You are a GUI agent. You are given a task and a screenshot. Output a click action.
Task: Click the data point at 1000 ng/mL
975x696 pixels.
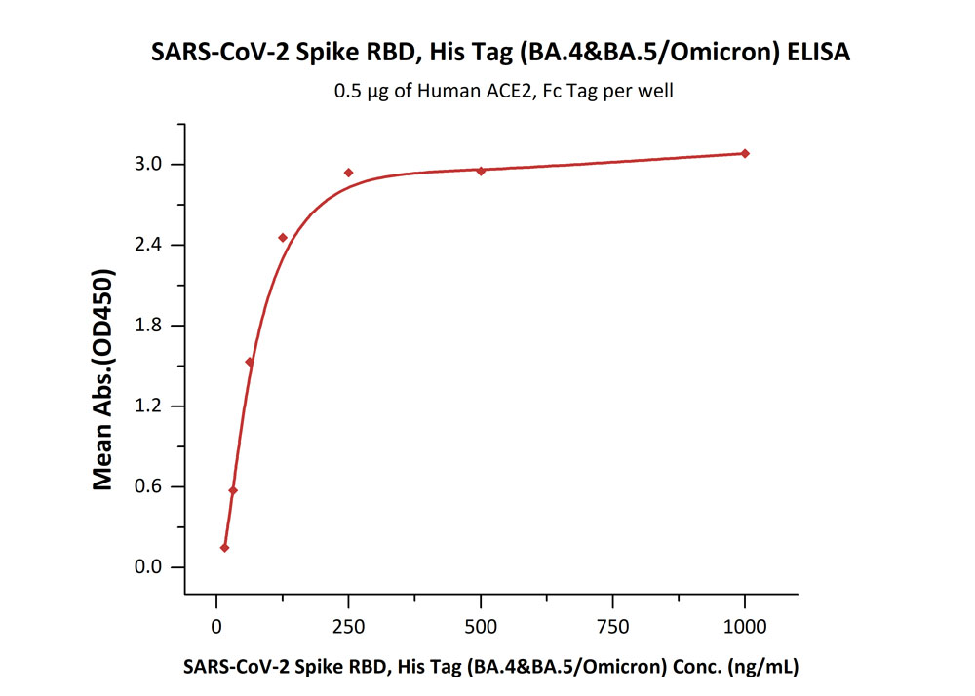pyautogui.click(x=745, y=153)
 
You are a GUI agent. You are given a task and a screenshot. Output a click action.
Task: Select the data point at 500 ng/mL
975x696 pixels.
pyautogui.click(x=481, y=171)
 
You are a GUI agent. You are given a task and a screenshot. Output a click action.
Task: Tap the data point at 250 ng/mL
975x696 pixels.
pyautogui.click(x=348, y=173)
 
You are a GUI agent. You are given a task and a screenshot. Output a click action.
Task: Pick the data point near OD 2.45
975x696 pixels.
pyautogui.click(x=283, y=237)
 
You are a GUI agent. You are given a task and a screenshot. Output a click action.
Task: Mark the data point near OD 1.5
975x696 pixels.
pyautogui.click(x=250, y=362)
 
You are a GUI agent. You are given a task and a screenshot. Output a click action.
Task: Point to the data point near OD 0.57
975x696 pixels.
pyautogui.click(x=233, y=490)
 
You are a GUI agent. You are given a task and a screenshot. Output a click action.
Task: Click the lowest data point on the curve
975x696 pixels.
pyautogui.click(x=225, y=548)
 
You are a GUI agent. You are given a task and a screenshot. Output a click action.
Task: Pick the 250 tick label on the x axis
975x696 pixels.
pyautogui.click(x=348, y=625)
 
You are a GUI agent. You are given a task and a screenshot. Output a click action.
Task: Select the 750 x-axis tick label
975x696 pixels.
pyautogui.click(x=612, y=625)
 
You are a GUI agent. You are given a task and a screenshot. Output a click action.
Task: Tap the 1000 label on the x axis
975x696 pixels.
pyautogui.click(x=745, y=625)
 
